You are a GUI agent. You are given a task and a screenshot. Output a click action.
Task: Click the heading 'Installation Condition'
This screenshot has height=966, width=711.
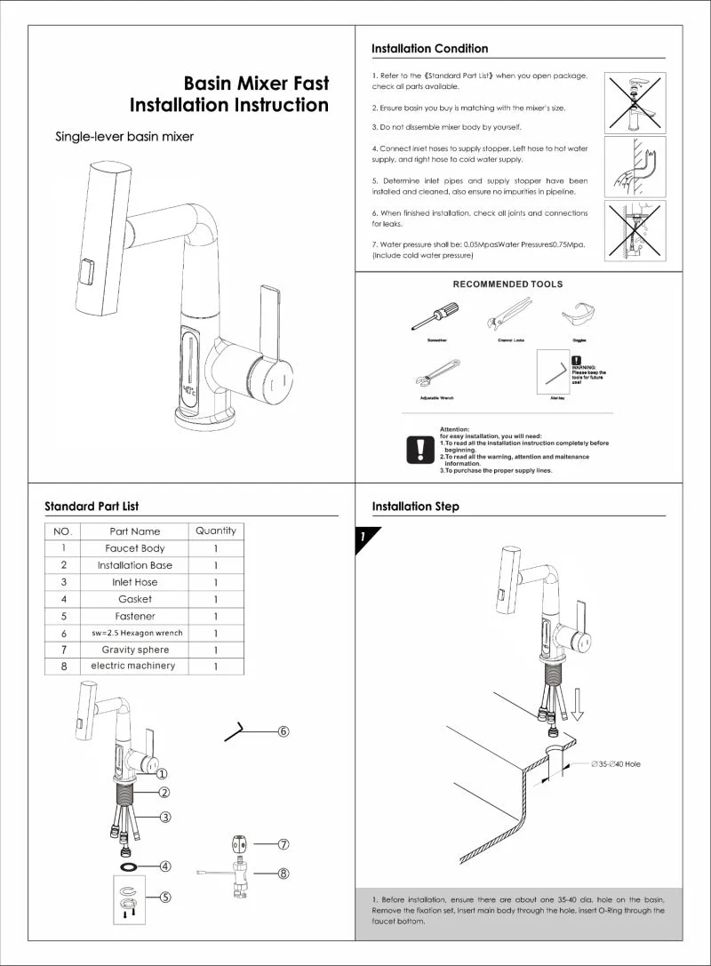[429, 49]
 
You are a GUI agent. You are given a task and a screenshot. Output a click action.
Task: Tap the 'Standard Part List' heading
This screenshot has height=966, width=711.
[92, 507]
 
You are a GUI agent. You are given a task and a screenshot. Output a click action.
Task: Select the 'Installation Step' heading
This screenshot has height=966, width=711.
[415, 507]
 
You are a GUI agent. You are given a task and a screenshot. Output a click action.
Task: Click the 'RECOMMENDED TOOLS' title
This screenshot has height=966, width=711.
[507, 284]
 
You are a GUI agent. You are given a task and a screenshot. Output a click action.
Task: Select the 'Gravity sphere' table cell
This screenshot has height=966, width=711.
[135, 650]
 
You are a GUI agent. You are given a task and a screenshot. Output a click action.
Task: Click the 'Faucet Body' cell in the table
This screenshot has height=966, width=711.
[135, 548]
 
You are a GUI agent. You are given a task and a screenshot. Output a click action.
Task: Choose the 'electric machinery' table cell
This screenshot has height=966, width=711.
[133, 666]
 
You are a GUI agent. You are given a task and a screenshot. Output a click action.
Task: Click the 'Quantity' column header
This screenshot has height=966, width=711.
[215, 531]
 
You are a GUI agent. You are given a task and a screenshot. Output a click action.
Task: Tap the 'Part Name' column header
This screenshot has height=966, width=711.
[135, 531]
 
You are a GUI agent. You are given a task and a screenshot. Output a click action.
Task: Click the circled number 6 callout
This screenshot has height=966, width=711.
[284, 731]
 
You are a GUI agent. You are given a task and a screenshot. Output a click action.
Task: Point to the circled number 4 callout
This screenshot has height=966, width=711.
[165, 866]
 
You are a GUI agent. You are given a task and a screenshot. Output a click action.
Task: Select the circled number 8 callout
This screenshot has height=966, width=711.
[284, 874]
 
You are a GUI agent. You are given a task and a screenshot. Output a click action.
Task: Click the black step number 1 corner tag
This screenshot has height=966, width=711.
[364, 538]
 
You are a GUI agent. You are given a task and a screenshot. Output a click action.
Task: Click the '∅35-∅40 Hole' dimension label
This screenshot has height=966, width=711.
[617, 764]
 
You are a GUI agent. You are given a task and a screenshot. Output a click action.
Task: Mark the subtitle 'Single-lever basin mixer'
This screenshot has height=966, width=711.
[124, 137]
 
